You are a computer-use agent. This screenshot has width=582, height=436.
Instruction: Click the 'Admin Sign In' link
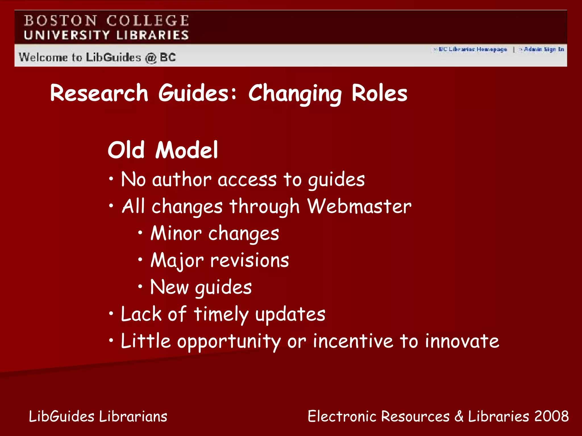(544, 49)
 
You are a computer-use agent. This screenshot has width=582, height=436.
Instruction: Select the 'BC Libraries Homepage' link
(472, 49)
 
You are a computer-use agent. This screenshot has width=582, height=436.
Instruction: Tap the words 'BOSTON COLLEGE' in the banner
(106, 21)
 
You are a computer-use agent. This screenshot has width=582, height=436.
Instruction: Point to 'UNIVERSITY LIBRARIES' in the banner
(106, 35)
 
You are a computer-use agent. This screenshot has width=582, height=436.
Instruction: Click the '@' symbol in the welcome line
(151, 58)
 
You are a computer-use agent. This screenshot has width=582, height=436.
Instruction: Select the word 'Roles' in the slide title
(379, 93)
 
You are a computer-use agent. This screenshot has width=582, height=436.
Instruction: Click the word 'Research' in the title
(99, 93)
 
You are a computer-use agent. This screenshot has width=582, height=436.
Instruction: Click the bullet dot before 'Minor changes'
(140, 232)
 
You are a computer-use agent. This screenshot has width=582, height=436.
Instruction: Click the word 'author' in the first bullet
(182, 180)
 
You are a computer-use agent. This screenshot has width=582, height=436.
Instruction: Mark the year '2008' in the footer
(552, 416)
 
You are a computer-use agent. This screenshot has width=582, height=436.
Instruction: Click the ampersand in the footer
(459, 416)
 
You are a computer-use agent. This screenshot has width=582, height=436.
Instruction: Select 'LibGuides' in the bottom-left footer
(62, 417)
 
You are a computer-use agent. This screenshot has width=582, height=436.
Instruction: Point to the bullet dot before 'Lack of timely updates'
(111, 313)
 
